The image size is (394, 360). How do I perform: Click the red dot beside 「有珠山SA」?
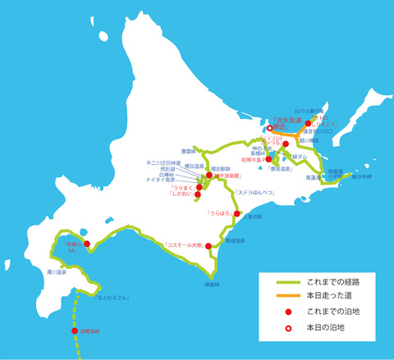86,243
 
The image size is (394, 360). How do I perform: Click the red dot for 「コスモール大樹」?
208,245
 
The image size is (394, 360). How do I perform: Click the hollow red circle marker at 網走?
269,129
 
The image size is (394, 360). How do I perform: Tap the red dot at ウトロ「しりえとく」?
309,123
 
